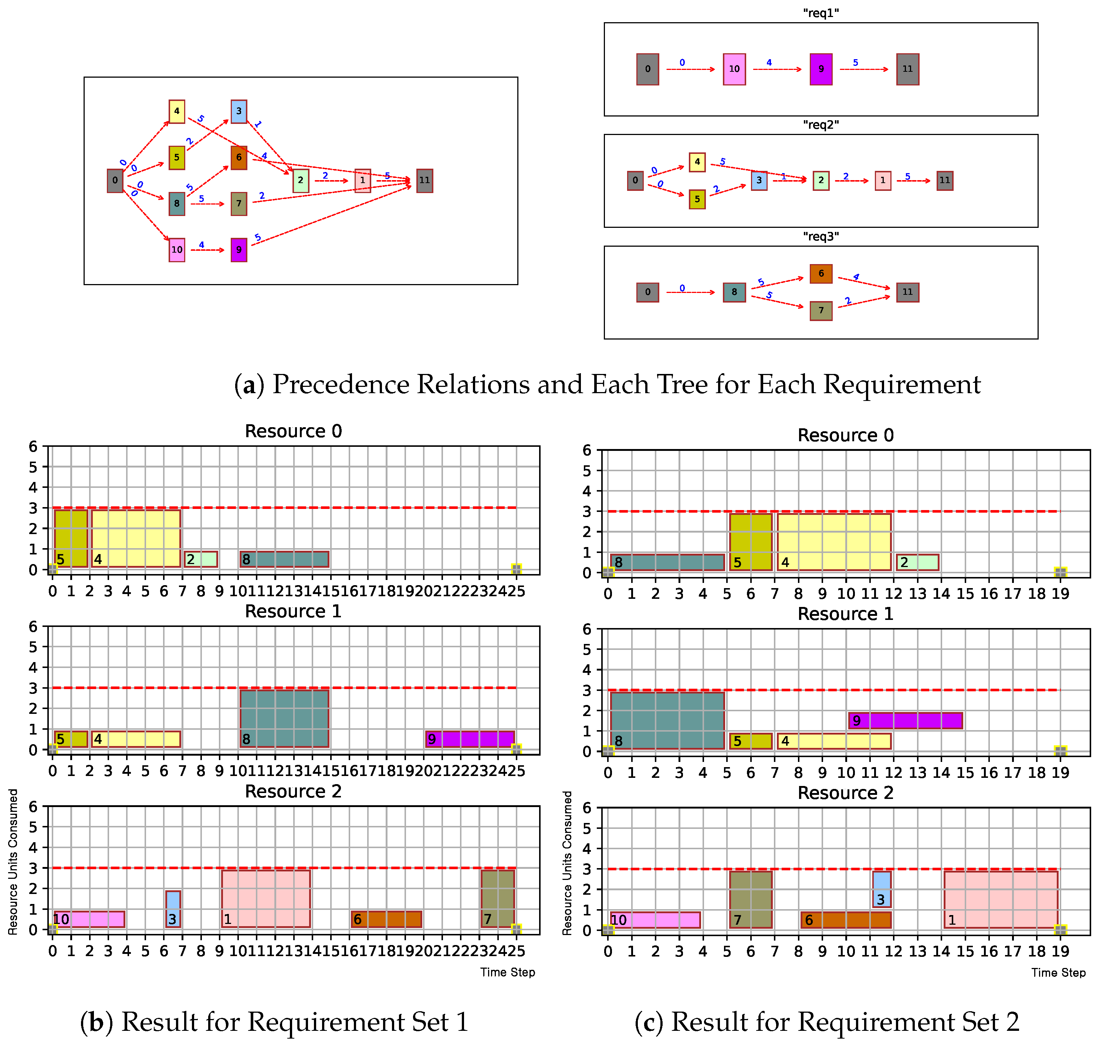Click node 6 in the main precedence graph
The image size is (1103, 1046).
pyautogui.click(x=238, y=158)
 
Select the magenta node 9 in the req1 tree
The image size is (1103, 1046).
pyautogui.click(x=821, y=69)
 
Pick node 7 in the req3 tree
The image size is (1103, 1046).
pyautogui.click(x=821, y=311)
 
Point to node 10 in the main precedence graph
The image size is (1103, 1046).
pyautogui.click(x=177, y=250)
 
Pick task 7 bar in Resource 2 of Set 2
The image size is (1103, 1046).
pyautogui.click(x=751, y=900)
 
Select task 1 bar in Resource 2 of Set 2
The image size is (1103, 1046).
pyautogui.click(x=1001, y=900)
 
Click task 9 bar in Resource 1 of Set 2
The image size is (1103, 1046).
pyautogui.click(x=905, y=721)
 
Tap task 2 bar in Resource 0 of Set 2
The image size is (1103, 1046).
pyautogui.click(x=917, y=562)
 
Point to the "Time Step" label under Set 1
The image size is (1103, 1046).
pyautogui.click(x=507, y=972)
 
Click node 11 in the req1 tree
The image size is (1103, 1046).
pyautogui.click(x=907, y=69)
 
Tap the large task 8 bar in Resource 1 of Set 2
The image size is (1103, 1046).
pyautogui.click(x=667, y=721)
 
